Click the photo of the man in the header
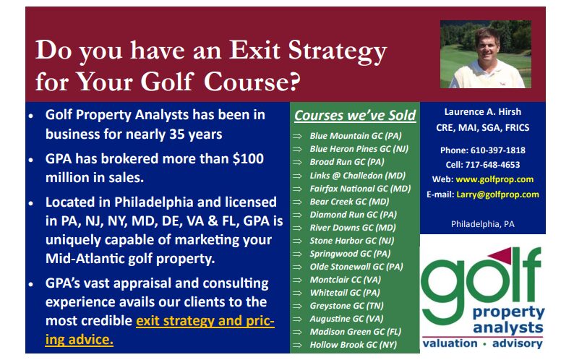click(x=485, y=54)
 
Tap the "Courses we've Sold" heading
click(x=355, y=115)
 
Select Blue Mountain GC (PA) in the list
click(x=356, y=136)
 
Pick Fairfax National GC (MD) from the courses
click(x=360, y=189)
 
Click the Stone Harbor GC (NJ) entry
click(x=352, y=241)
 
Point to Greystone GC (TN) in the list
click(x=347, y=306)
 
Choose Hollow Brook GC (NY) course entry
click(x=354, y=345)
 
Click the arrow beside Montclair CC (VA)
click(x=297, y=280)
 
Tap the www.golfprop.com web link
click(x=494, y=179)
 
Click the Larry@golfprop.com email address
click(x=497, y=194)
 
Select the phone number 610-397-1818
click(x=498, y=150)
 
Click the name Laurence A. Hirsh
click(x=482, y=112)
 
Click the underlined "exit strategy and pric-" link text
click(x=205, y=321)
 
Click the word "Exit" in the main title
click(x=254, y=50)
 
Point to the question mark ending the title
click(x=294, y=81)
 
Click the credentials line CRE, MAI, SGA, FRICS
click(x=482, y=128)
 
